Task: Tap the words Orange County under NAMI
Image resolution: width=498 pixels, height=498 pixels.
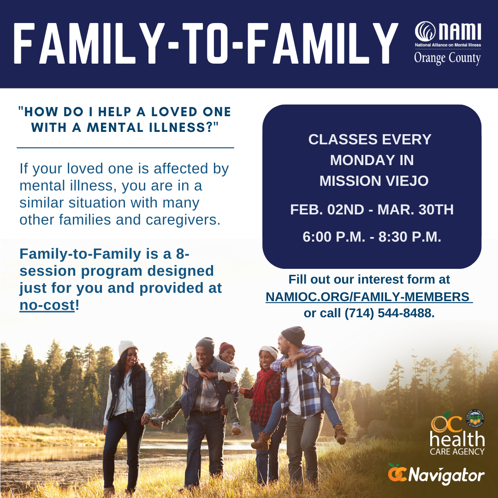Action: [x=447, y=59]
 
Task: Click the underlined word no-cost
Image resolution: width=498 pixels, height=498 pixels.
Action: [x=47, y=305]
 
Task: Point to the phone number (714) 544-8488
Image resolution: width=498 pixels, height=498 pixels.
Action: [x=389, y=313]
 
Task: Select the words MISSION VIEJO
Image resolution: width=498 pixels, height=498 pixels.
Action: [x=374, y=181]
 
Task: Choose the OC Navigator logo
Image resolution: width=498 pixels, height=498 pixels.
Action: [x=436, y=474]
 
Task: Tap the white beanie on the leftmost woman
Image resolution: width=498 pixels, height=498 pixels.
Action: [x=127, y=347]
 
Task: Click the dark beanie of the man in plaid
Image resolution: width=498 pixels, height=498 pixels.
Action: [x=293, y=335]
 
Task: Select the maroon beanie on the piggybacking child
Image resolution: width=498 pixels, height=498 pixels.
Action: [x=226, y=347]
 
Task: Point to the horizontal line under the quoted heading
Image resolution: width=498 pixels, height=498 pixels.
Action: [x=125, y=148]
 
